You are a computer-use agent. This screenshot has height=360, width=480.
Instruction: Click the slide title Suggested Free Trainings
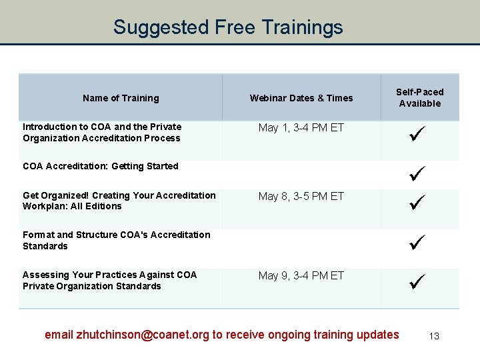pyautogui.click(x=228, y=27)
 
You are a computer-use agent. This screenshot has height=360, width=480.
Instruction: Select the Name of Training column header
pyautogui.click(x=121, y=98)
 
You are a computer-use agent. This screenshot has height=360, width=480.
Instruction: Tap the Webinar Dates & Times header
pyautogui.click(x=301, y=98)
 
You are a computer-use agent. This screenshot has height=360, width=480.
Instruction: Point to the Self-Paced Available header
pyautogui.click(x=419, y=97)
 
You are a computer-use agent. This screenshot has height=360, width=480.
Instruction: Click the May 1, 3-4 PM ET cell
pyautogui.click(x=301, y=127)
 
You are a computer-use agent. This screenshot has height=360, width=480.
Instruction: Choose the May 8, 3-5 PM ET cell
pyautogui.click(x=301, y=196)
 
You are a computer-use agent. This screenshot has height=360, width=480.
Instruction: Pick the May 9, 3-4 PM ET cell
pyautogui.click(x=301, y=275)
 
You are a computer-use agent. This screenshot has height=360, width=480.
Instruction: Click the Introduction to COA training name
pyautogui.click(x=101, y=132)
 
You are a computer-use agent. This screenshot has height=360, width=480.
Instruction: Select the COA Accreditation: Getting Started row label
pyautogui.click(x=101, y=166)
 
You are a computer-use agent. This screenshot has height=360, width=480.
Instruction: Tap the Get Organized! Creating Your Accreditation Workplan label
pyautogui.click(x=119, y=201)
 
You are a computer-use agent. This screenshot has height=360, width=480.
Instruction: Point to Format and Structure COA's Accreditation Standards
pyautogui.click(x=116, y=240)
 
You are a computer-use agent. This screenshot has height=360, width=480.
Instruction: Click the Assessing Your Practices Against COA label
pyautogui.click(x=109, y=280)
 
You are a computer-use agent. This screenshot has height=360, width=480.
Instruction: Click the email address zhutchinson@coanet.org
pyautogui.click(x=143, y=335)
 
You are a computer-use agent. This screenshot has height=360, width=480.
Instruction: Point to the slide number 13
pyautogui.click(x=434, y=336)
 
